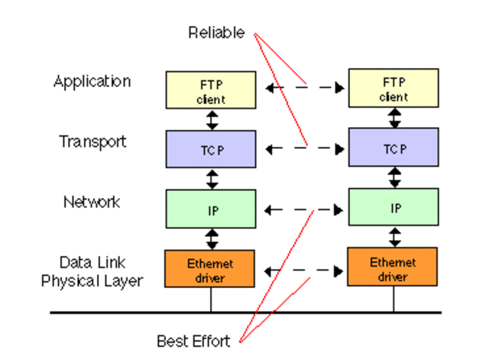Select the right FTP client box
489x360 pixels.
pos(393,88)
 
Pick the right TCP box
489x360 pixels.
pos(393,148)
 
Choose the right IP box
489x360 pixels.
pos(393,208)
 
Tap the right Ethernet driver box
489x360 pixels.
pos(393,268)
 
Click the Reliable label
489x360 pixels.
pos(217,33)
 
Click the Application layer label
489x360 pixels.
pos(92,81)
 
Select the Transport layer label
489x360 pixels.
pos(92,141)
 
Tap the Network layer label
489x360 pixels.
pos(92,202)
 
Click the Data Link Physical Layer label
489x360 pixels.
pos(92,271)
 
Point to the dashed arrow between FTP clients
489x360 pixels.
pos(303,89)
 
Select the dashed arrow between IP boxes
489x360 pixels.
pos(303,209)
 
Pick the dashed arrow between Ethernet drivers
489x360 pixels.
pos(303,270)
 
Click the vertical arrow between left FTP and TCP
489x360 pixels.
pos(212,119)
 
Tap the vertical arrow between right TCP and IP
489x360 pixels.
pos(394,178)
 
